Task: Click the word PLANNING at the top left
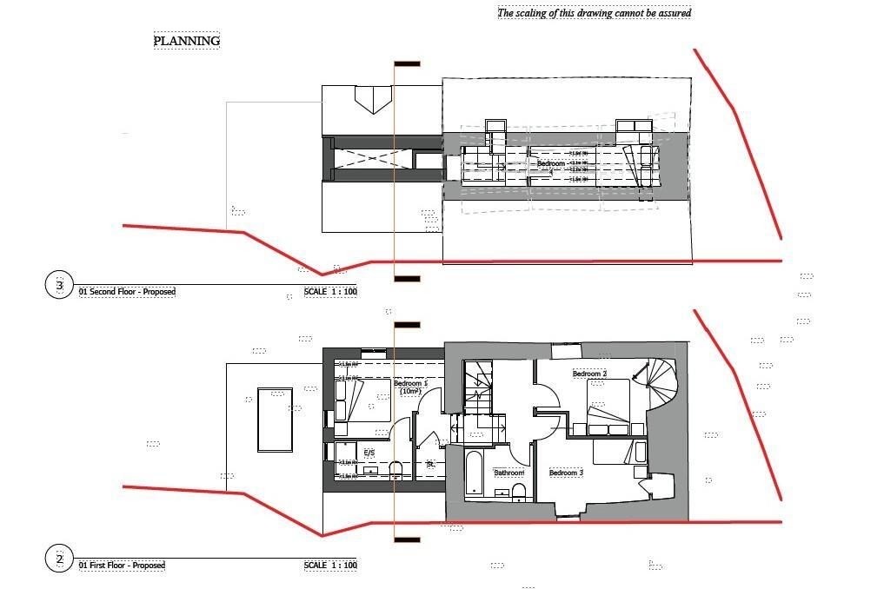pyautogui.click(x=187, y=41)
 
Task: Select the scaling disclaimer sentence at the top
pyautogui.click(x=594, y=13)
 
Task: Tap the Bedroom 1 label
pyautogui.click(x=410, y=386)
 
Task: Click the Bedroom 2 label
pyautogui.click(x=588, y=374)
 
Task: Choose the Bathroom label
pyautogui.click(x=508, y=473)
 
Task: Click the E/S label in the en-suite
pyautogui.click(x=369, y=453)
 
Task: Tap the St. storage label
pyautogui.click(x=430, y=465)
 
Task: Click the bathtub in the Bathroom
pyautogui.click(x=473, y=473)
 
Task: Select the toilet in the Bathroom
pyautogui.click(x=519, y=493)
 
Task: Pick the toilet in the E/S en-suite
pyautogui.click(x=396, y=470)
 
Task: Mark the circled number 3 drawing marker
pyautogui.click(x=59, y=285)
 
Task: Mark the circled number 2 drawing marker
pyautogui.click(x=59, y=559)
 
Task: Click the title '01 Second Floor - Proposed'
pyautogui.click(x=127, y=292)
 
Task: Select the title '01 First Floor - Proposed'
pyautogui.click(x=122, y=566)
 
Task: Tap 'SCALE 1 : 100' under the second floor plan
pyautogui.click(x=330, y=292)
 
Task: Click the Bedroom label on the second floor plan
pyautogui.click(x=550, y=163)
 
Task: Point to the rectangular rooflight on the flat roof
pyautogui.click(x=275, y=420)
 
